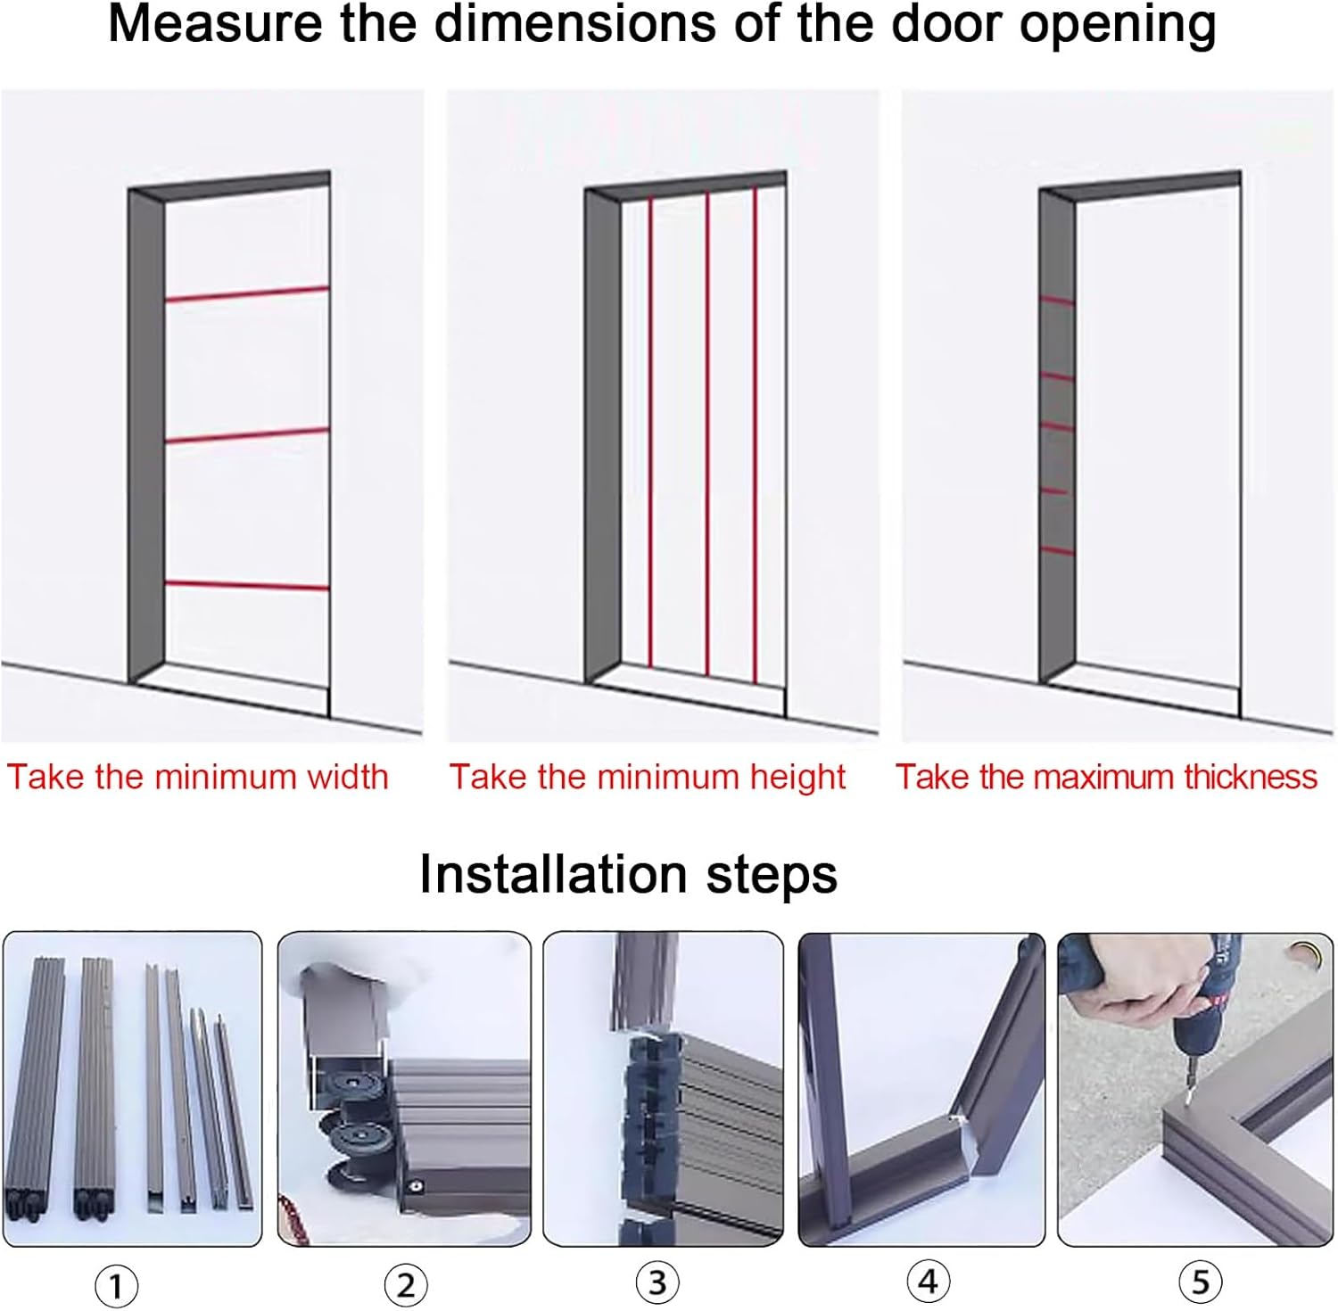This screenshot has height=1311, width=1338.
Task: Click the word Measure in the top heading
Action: click(x=214, y=24)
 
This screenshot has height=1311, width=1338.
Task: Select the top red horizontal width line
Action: click(x=247, y=294)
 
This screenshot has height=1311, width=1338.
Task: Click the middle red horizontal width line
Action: click(x=247, y=435)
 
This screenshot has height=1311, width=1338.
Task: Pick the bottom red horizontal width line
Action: click(x=247, y=586)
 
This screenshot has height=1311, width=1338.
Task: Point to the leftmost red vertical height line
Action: click(x=650, y=433)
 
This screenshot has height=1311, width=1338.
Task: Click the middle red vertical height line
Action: click(x=707, y=433)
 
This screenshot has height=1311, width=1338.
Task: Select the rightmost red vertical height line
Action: click(x=756, y=433)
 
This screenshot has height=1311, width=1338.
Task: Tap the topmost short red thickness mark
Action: click(x=1058, y=301)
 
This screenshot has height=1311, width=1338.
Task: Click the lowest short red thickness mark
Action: click(x=1058, y=550)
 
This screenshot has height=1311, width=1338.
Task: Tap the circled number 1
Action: click(x=116, y=1286)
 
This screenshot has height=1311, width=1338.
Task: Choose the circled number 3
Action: click(x=657, y=1282)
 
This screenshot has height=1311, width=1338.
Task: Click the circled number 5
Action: click(x=1200, y=1282)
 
